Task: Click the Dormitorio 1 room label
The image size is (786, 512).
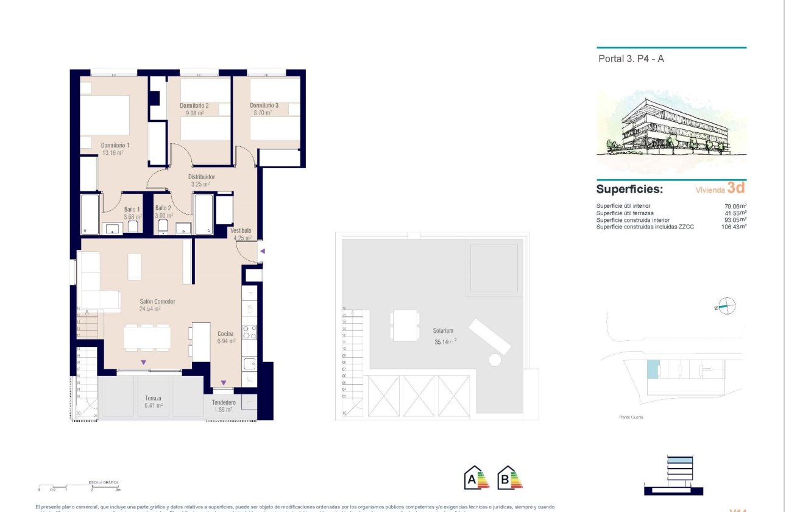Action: [x=115, y=145]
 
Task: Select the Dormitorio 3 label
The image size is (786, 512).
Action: [x=264, y=105]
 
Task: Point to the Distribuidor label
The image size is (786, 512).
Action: [x=200, y=177]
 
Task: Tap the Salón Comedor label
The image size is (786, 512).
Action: [x=157, y=302]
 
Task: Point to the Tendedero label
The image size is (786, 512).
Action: [x=224, y=402]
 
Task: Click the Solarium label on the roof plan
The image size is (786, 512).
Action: [x=444, y=331]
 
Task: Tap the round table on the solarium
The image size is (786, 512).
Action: [x=495, y=360]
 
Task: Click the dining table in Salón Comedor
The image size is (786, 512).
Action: [x=147, y=338]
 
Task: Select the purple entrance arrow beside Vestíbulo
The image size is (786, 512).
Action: [x=263, y=251]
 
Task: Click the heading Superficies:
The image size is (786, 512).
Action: [x=629, y=190]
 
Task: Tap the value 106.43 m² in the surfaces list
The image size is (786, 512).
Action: [x=734, y=226]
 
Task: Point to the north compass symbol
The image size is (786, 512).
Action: [x=726, y=307]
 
